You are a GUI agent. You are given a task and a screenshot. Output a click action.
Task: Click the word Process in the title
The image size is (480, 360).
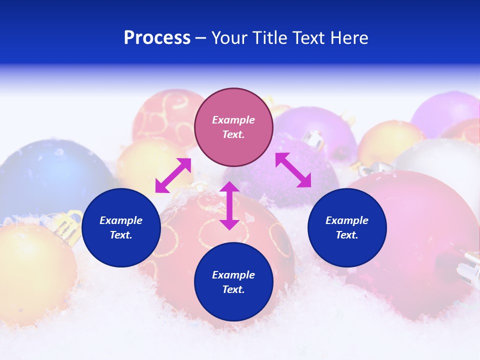click(x=157, y=38)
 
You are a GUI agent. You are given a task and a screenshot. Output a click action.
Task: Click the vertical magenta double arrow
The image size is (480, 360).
click(x=229, y=205)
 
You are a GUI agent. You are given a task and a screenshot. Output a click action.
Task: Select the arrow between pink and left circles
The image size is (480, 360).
click(x=173, y=175)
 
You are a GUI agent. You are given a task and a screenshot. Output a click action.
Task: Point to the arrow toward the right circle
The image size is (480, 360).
click(x=293, y=170)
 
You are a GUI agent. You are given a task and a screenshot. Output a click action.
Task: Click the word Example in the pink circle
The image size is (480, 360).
click(x=233, y=120)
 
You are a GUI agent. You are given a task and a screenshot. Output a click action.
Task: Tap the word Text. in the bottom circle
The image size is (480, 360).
click(x=233, y=289)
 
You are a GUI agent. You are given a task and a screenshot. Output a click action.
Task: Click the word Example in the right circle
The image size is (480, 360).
click(x=347, y=220)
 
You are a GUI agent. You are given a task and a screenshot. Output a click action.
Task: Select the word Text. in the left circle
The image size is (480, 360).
click(x=121, y=235)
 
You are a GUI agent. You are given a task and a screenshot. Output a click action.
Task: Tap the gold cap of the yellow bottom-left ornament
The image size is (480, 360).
click(x=70, y=225)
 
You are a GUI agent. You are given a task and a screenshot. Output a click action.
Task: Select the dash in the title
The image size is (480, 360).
click(x=201, y=38)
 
